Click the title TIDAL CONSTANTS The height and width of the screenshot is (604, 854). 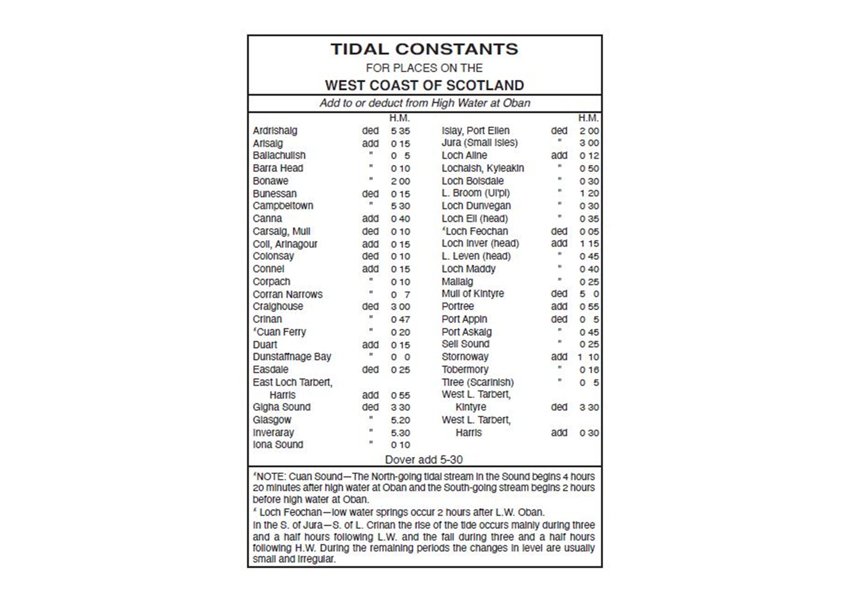tap(424, 49)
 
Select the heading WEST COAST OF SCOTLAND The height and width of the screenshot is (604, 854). tap(424, 85)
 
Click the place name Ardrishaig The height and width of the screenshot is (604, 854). tap(275, 131)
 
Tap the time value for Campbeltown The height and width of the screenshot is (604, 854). tap(400, 206)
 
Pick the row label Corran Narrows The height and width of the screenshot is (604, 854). tap(287, 294)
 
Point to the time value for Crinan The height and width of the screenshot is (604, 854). tap(400, 320)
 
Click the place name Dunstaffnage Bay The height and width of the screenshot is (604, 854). tap(292, 357)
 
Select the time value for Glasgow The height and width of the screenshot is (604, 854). tap(400, 420)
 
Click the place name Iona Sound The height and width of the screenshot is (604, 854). tap(278, 445)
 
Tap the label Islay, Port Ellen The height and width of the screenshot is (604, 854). tap(475, 131)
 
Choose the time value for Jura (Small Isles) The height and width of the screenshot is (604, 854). tap(589, 143)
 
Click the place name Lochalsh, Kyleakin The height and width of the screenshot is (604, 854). tap(483, 168)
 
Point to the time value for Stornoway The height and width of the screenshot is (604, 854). tap(588, 357)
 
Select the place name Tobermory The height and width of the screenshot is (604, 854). tap(464, 370)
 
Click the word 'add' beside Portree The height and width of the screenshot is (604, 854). tap(559, 306)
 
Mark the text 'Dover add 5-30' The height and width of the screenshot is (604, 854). tap(424, 459)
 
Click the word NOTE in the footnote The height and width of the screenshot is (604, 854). tap(269, 476)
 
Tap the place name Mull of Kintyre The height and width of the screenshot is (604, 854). tap(472, 294)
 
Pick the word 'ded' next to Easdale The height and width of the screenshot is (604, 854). tap(370, 370)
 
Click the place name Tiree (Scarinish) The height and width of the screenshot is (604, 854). tap(477, 382)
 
